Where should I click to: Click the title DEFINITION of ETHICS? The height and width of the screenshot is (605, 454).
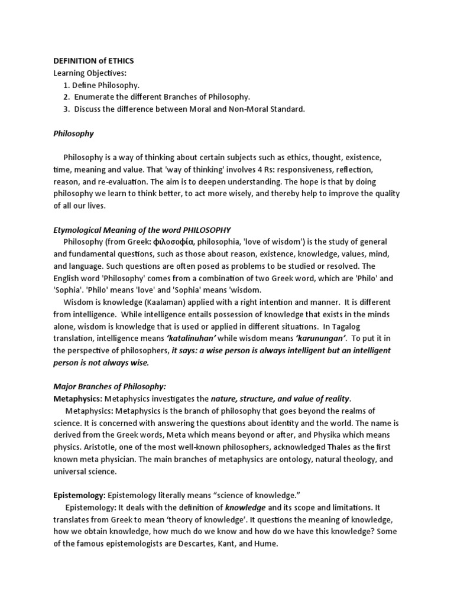click(x=95, y=61)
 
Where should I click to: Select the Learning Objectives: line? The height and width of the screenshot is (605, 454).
click(x=90, y=73)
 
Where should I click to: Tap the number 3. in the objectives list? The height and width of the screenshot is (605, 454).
click(x=67, y=109)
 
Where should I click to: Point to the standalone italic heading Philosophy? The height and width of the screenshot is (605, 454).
click(x=74, y=134)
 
